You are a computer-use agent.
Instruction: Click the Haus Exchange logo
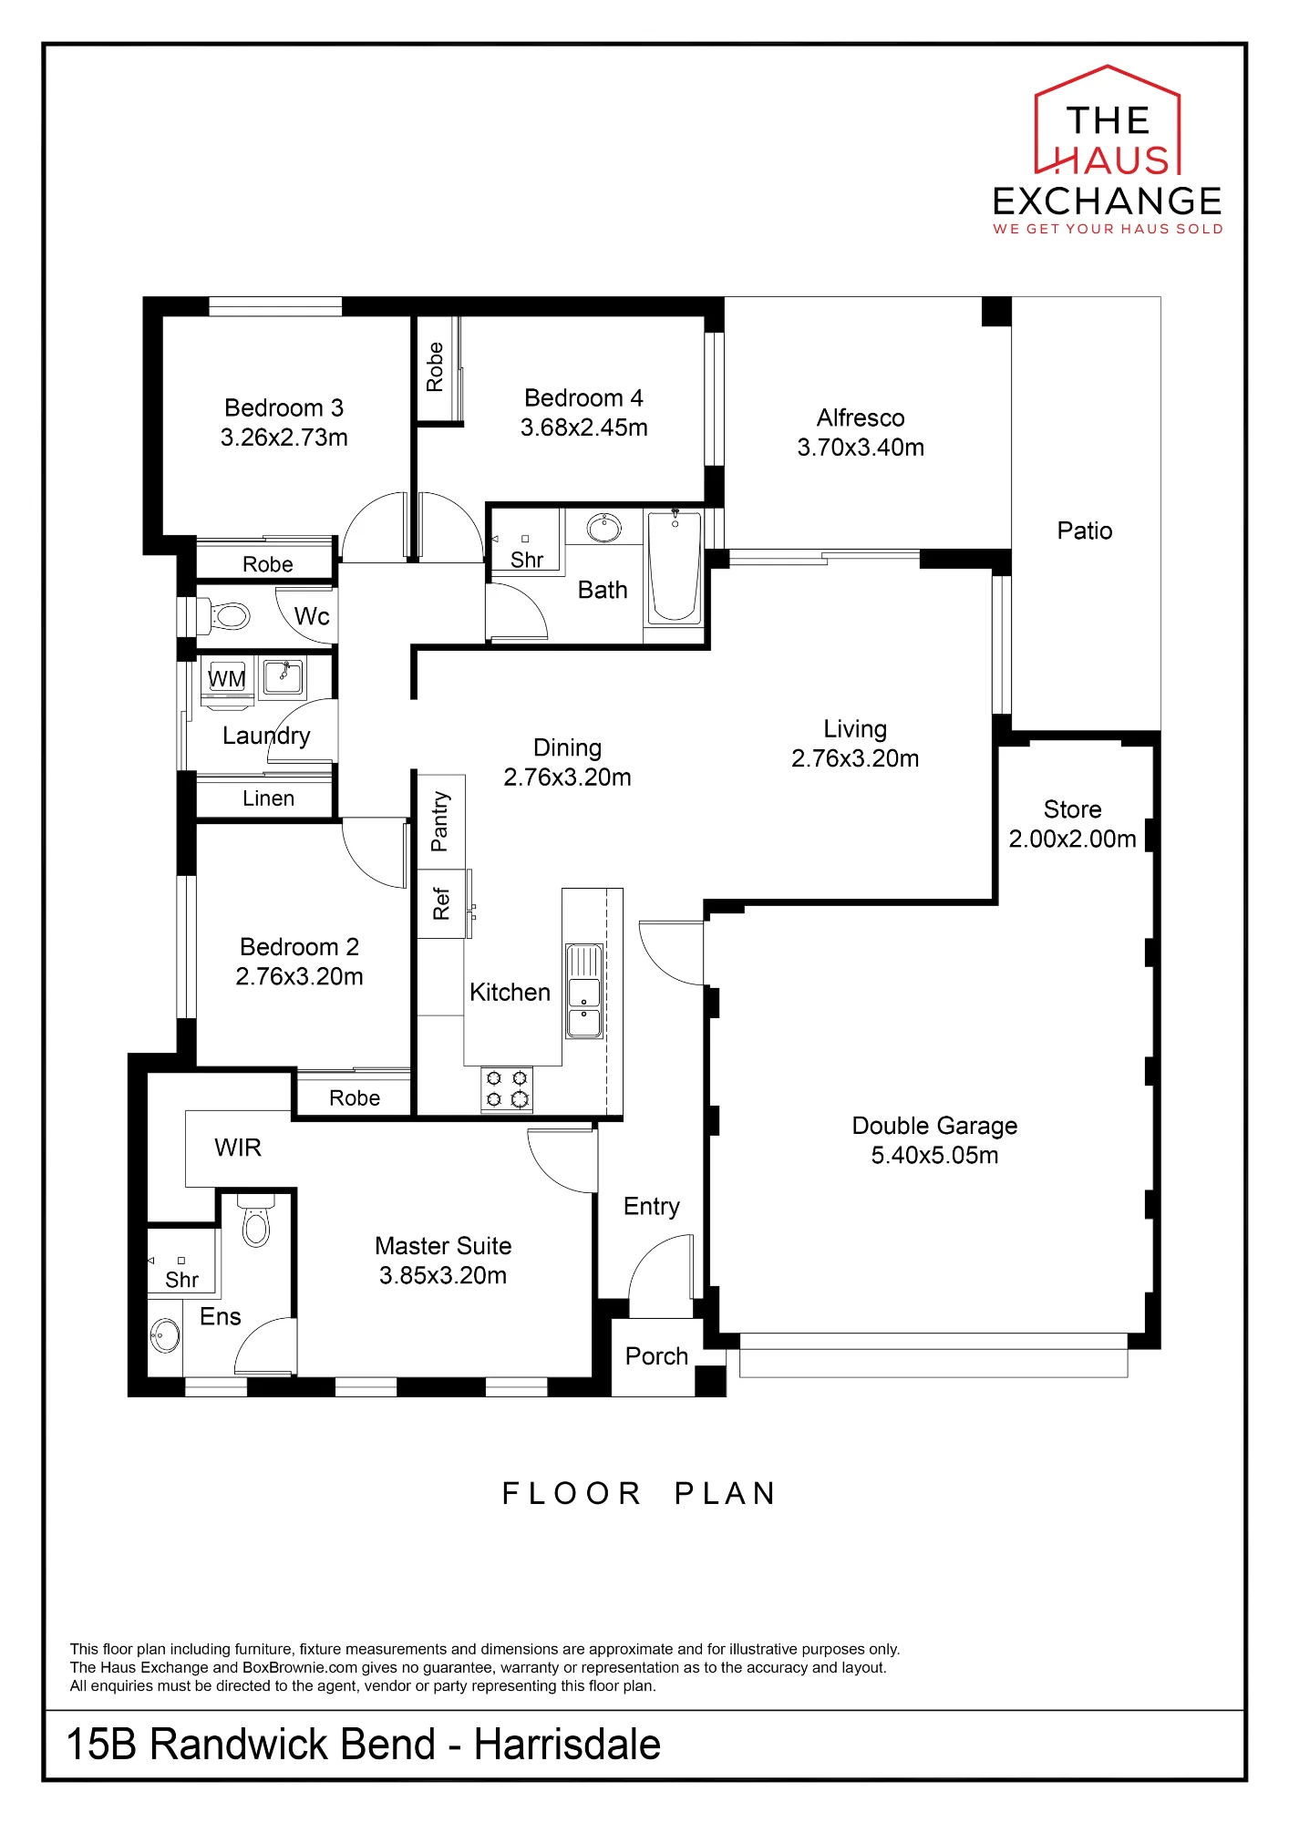(x=1108, y=150)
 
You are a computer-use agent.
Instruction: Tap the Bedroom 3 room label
(x=284, y=407)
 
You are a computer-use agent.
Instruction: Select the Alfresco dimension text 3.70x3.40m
(x=861, y=448)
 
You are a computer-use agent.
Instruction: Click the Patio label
(x=1085, y=530)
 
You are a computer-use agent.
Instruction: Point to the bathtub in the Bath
(x=675, y=568)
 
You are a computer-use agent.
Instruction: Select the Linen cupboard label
(x=268, y=798)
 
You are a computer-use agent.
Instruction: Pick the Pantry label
(x=440, y=821)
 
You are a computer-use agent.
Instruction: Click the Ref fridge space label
(x=441, y=903)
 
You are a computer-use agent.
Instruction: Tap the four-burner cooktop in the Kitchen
(x=507, y=1089)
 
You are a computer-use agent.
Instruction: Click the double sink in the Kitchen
(x=584, y=992)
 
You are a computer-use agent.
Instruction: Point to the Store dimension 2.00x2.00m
(x=1072, y=839)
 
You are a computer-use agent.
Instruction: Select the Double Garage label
(x=934, y=1126)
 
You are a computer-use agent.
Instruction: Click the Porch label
(x=656, y=1356)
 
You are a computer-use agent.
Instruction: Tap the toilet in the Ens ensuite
(x=256, y=1220)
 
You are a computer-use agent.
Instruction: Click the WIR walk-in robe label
(x=238, y=1148)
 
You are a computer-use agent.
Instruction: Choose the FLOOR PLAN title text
(x=639, y=1493)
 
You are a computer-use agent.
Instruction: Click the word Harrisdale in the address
(x=567, y=1744)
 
